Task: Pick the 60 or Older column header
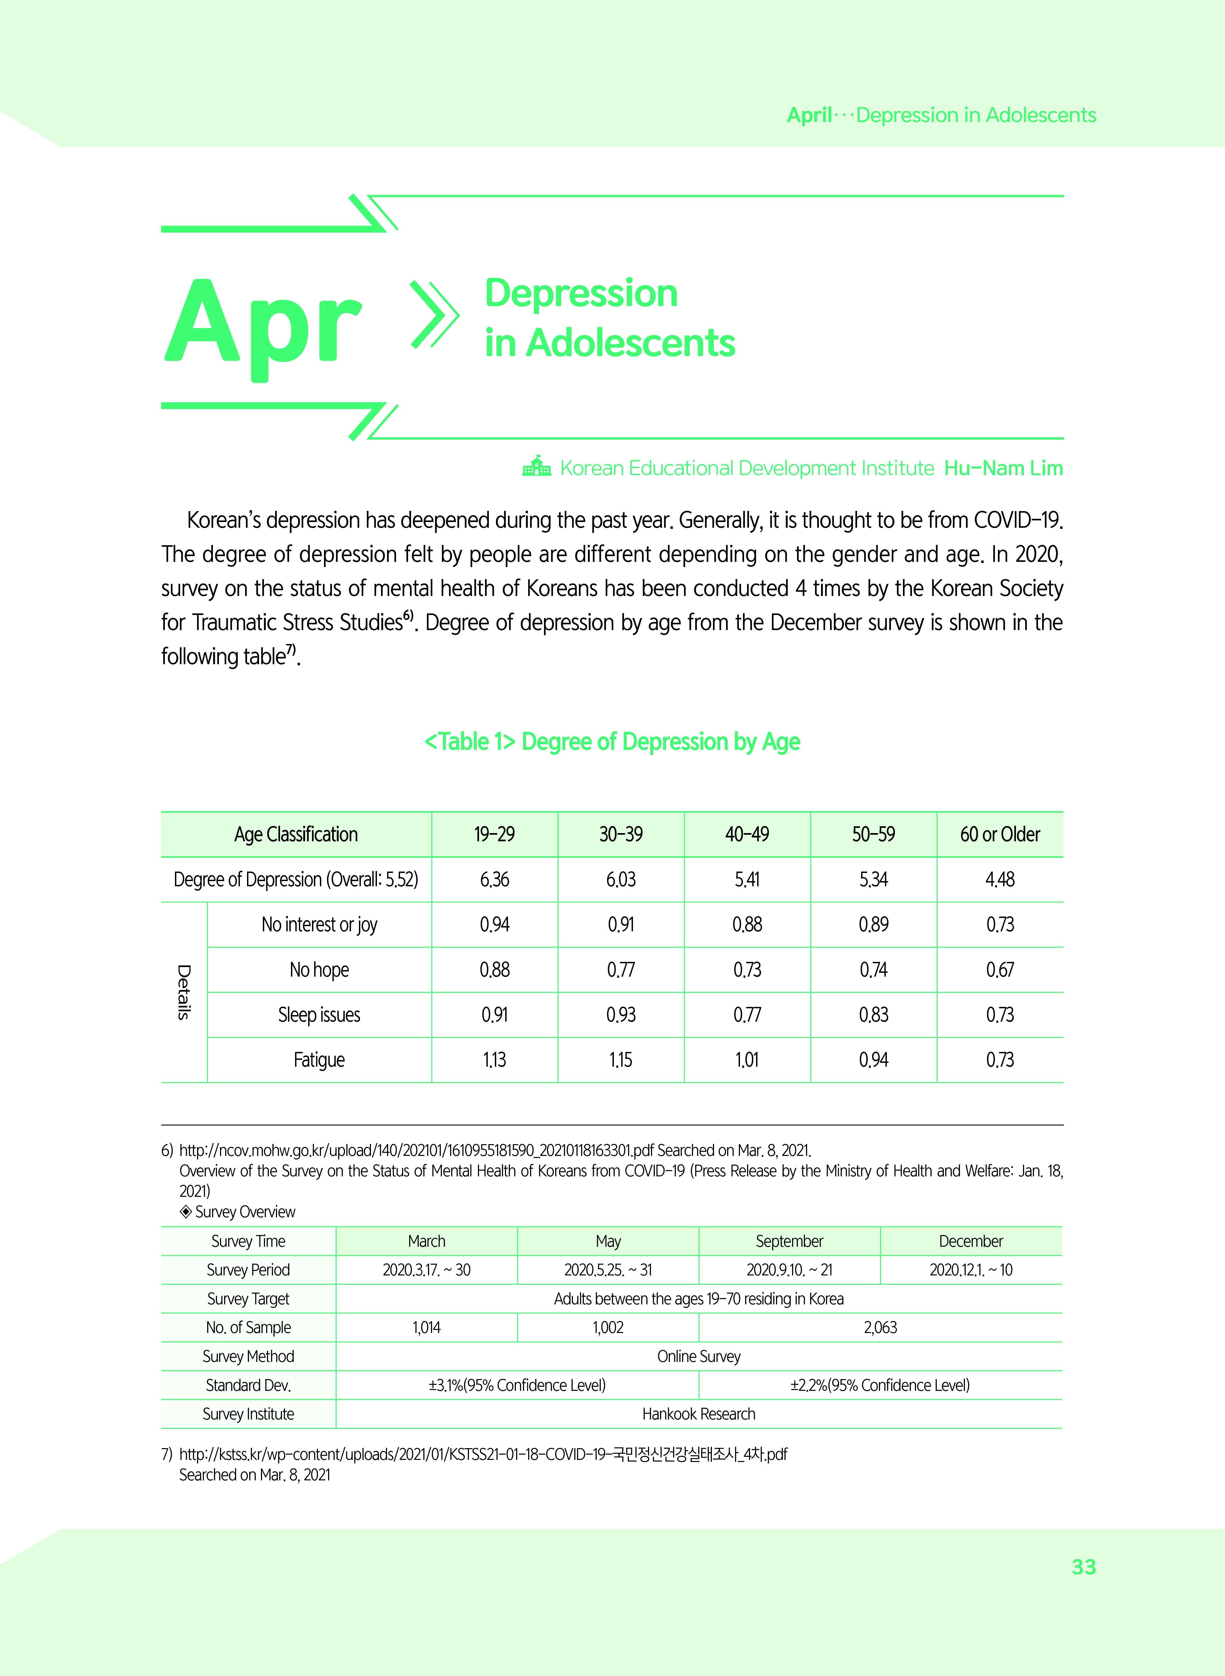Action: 1000,835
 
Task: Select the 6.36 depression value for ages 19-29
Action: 495,880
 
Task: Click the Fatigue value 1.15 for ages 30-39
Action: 621,1060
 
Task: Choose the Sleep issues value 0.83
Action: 873,1015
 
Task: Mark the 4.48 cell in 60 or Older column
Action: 1000,880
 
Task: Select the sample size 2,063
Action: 880,1328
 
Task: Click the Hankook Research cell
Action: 698,1413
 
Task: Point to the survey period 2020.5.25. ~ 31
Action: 608,1270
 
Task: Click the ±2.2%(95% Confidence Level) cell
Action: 880,1385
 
